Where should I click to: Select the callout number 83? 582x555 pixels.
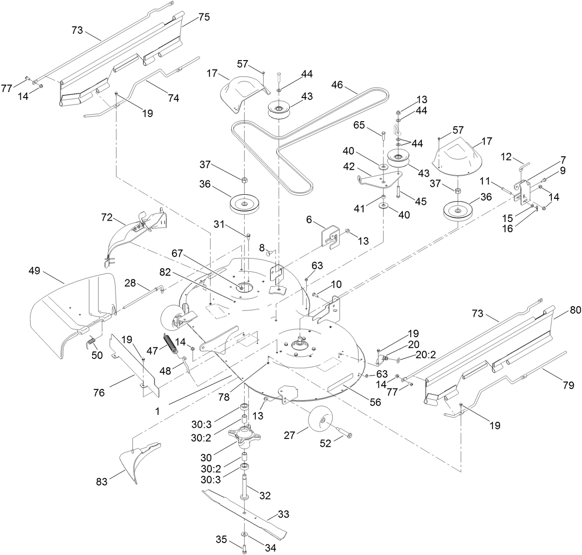tap(101, 482)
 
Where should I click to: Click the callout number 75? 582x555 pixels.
tap(204, 17)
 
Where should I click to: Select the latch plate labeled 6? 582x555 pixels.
tap(329, 236)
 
